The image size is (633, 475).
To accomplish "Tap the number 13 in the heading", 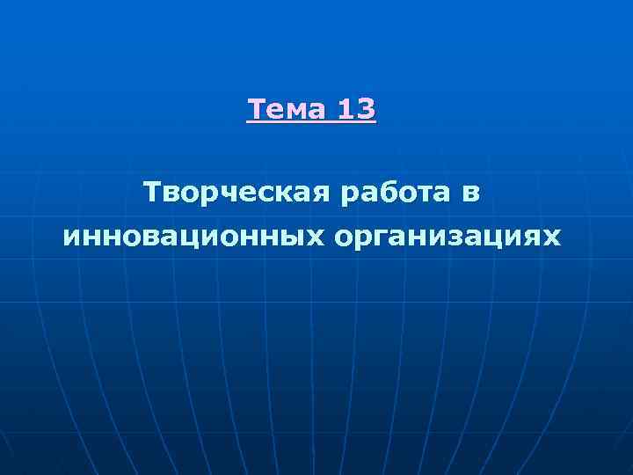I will point(357,111).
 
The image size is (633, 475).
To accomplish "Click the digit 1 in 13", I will point(346,111).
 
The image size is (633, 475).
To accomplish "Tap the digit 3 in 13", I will point(367,111).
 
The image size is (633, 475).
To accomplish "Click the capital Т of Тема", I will point(257,111).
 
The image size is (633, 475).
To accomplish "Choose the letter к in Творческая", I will point(282,193).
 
